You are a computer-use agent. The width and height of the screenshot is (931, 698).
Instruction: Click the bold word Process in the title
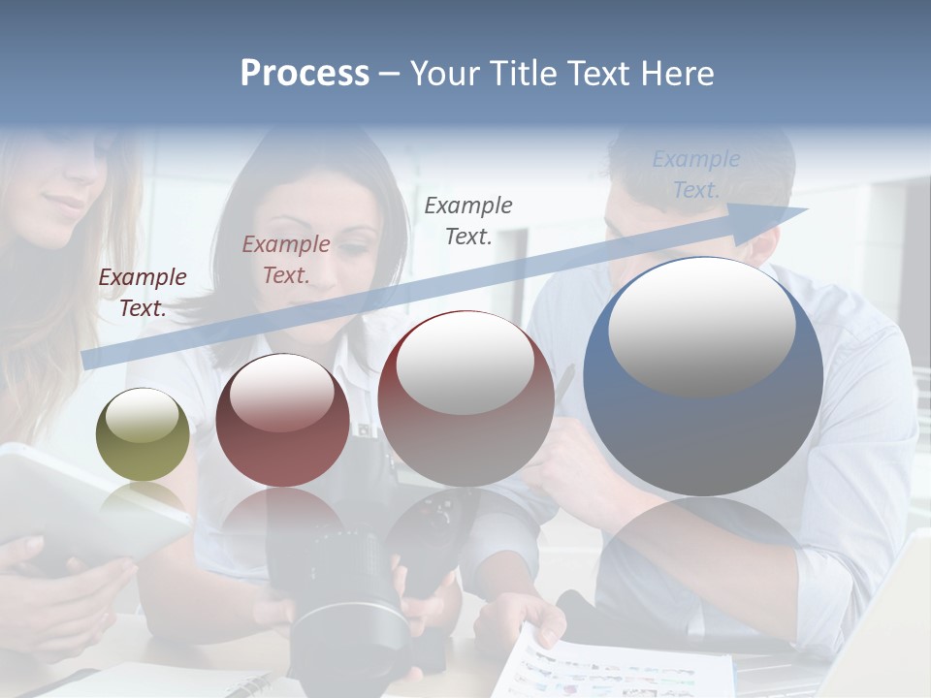(x=305, y=74)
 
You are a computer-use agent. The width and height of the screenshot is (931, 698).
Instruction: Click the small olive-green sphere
(x=143, y=434)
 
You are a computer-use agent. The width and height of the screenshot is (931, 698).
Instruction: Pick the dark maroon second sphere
(x=282, y=421)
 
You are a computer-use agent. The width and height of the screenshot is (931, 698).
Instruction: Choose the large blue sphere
(x=703, y=378)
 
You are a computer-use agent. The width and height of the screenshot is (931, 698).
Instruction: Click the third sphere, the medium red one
(x=465, y=398)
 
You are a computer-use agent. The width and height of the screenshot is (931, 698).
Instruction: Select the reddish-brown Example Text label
(x=286, y=260)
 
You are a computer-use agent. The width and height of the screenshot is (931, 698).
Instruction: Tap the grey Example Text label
(x=468, y=220)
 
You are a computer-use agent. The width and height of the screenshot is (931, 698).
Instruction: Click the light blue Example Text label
(x=695, y=174)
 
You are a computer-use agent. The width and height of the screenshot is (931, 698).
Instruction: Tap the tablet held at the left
(x=78, y=504)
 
